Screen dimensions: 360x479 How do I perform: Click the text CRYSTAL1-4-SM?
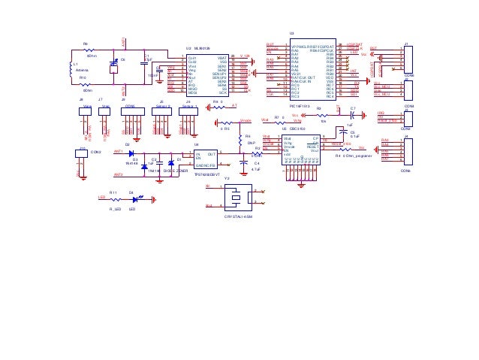[x=238, y=216]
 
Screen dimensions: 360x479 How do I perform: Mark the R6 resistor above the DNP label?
[x=239, y=137]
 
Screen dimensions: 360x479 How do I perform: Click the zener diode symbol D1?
[x=171, y=162]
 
